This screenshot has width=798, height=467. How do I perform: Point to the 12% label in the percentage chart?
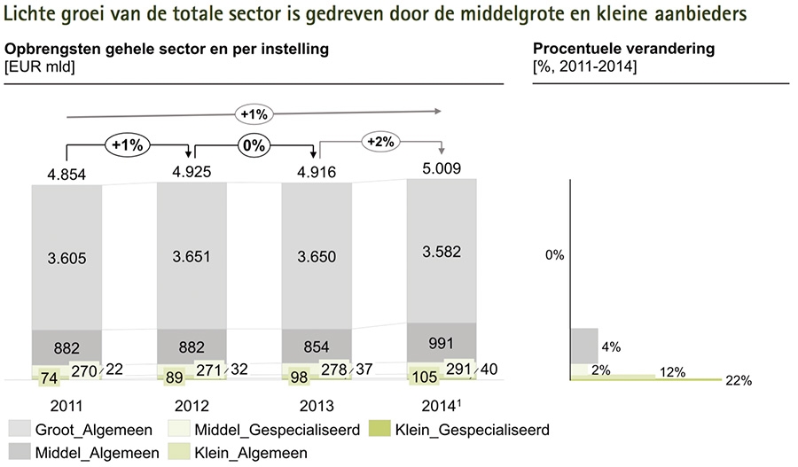[673, 372]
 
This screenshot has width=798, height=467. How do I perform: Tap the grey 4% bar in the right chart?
[584, 346]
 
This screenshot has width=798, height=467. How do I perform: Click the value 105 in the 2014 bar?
[425, 377]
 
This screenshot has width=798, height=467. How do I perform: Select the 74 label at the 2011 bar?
[49, 378]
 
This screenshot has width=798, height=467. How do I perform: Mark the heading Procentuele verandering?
[623, 50]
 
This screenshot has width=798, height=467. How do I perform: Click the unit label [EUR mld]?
[40, 66]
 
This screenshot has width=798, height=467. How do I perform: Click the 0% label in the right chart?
[555, 255]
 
